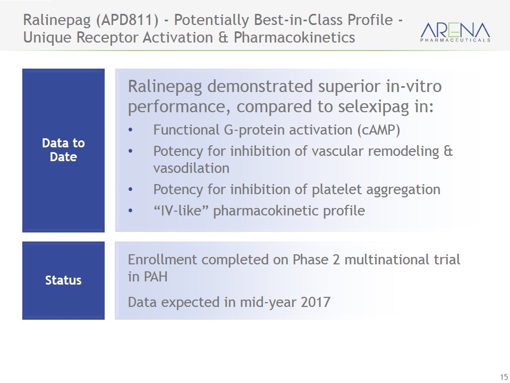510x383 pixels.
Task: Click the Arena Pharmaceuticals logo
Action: coord(455,32)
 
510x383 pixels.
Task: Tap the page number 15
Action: coord(504,376)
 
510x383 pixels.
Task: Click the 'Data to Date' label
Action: coord(63,150)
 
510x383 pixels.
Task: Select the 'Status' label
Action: coord(63,280)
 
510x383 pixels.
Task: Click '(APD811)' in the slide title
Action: coord(127,20)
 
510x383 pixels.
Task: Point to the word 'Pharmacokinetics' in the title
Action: coord(294,37)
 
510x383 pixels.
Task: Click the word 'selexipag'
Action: coord(373,107)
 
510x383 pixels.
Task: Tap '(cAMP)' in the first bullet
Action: coord(379,130)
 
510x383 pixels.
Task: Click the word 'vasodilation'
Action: coord(191,168)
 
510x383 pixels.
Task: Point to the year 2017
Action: coord(316,302)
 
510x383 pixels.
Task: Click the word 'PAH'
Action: coord(156,277)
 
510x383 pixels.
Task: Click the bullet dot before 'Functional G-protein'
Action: coord(131,130)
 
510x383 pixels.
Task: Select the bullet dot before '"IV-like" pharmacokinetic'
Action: coord(131,211)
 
